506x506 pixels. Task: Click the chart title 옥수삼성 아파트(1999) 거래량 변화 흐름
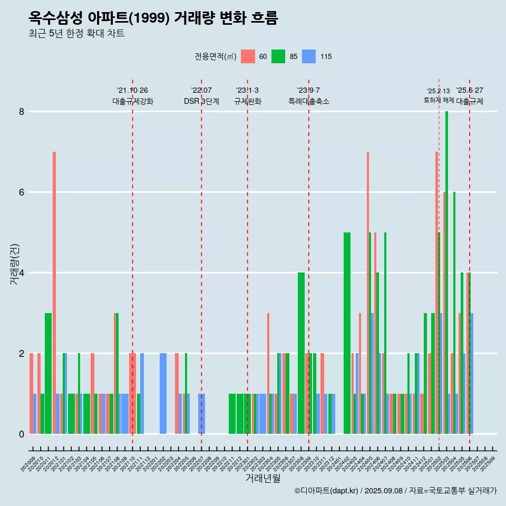[153, 18]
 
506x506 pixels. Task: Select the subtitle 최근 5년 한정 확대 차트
[76, 34]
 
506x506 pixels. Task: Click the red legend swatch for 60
[248, 56]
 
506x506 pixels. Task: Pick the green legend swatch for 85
[278, 56]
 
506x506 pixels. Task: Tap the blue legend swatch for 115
[309, 56]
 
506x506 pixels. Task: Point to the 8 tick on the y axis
[22, 112]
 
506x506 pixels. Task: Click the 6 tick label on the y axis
[22, 192]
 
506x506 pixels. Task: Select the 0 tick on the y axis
[22, 434]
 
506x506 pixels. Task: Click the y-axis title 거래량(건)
[15, 264]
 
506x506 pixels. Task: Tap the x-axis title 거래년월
[262, 478]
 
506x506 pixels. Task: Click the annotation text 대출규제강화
[133, 101]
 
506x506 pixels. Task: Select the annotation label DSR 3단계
[201, 101]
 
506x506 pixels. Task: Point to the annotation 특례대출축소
[309, 101]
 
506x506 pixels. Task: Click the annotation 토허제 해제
[439, 100]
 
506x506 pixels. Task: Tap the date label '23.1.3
[247, 91]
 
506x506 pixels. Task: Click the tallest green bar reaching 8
[446, 264]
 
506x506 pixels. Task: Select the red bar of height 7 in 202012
[54, 290]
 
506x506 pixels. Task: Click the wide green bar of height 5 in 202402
[347, 332]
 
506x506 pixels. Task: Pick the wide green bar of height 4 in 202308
[301, 353]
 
